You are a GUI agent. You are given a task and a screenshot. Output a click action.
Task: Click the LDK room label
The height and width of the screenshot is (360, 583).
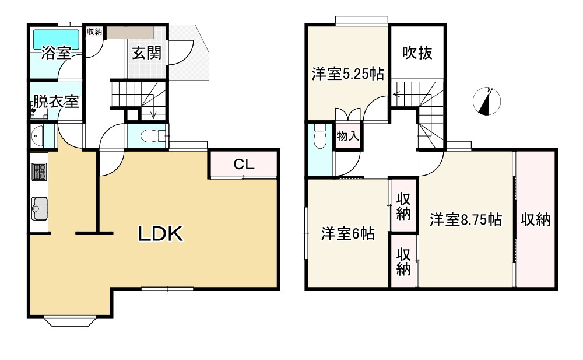click(161, 234)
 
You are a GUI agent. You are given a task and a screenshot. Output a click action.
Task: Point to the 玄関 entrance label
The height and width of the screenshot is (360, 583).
click(146, 53)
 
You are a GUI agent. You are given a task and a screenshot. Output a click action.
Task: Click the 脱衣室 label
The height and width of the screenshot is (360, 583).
click(56, 102)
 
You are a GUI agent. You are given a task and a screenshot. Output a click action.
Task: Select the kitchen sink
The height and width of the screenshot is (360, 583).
click(40, 207)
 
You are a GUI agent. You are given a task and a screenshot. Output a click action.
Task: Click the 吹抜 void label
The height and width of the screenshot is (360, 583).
click(418, 53)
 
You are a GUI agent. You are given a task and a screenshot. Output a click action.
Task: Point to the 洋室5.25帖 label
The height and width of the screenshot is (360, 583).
click(347, 74)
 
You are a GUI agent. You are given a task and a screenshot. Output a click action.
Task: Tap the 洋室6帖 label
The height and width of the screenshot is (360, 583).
click(347, 234)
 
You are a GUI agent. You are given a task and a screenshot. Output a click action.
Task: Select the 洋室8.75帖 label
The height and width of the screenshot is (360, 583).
click(466, 220)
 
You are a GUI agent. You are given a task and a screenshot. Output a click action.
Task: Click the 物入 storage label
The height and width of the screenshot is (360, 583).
click(348, 138)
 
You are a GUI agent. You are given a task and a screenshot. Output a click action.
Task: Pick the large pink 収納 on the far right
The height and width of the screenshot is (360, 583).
click(535, 220)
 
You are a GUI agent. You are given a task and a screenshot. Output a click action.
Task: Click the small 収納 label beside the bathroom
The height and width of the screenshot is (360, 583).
click(94, 32)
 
